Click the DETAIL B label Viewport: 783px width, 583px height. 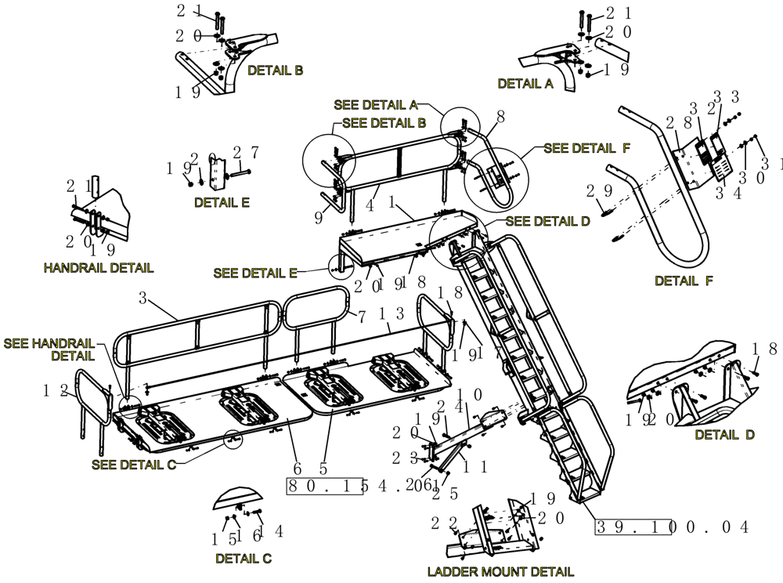click(275, 71)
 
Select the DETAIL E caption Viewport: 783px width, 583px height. click(222, 202)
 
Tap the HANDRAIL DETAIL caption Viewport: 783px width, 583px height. click(99, 268)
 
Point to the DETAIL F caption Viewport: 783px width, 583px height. click(684, 281)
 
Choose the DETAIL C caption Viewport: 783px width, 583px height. click(244, 559)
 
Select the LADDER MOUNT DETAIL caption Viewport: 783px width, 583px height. click(500, 571)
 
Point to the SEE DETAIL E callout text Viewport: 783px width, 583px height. click(255, 273)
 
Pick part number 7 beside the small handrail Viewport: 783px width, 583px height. click(361, 317)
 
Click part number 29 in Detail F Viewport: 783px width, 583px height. click(597, 190)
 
